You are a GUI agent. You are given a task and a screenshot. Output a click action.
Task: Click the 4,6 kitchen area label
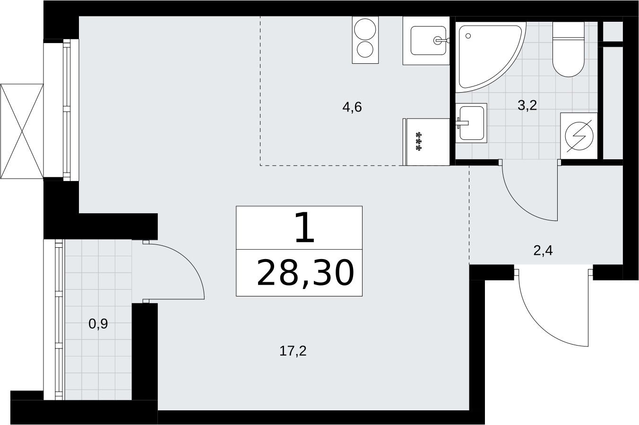[x=352, y=107]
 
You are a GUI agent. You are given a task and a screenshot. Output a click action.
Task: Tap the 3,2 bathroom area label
[x=527, y=105]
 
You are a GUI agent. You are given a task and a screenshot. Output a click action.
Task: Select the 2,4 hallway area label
[x=543, y=251]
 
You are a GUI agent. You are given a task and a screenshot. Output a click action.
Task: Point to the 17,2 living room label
[x=293, y=351]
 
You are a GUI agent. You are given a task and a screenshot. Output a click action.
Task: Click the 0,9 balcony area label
[x=98, y=324]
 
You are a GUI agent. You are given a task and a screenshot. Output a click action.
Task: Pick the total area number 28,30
[x=305, y=273]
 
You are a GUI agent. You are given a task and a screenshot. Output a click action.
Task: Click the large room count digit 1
[x=305, y=227]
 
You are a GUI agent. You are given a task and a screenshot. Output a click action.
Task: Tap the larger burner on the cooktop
[x=365, y=29]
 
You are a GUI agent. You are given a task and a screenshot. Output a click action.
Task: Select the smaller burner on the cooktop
[x=365, y=49]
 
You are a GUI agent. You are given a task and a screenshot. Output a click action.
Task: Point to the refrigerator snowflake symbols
[x=419, y=141]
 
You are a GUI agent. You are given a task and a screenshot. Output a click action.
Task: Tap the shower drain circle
[x=468, y=36]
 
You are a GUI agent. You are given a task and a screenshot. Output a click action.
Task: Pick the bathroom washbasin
[x=471, y=123]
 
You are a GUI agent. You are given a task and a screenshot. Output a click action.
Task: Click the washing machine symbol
[x=579, y=136]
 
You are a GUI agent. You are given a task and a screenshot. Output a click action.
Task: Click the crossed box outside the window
[x=22, y=131]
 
